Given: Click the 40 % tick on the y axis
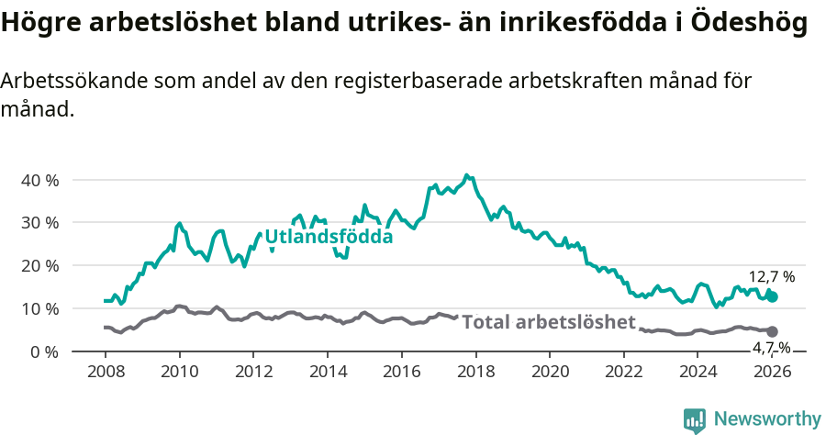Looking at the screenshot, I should pos(39,180).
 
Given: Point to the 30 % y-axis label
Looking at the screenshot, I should pos(39,223).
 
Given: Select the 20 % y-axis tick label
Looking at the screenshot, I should pos(39,266).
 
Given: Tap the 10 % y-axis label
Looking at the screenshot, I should pos(39,308).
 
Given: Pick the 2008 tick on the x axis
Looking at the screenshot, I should pos(105,372).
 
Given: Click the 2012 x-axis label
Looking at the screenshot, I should pos(253,372).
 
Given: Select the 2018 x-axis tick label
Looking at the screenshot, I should pos(476,372).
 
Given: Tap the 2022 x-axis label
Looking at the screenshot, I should pos(625,372).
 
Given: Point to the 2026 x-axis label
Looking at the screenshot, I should pos(773,372).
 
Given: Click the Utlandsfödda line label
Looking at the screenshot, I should pos(329,237).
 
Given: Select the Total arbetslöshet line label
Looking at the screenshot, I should pos(548,322).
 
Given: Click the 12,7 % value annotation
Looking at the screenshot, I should pos(771,276).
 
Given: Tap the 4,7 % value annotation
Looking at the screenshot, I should pos(771,347).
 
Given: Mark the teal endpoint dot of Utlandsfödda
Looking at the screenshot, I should pos(773,296).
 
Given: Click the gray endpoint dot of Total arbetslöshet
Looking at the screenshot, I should pos(773,331).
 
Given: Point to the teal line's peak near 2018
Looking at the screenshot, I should pos(466,174).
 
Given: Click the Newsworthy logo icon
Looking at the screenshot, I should pos(695,419).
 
